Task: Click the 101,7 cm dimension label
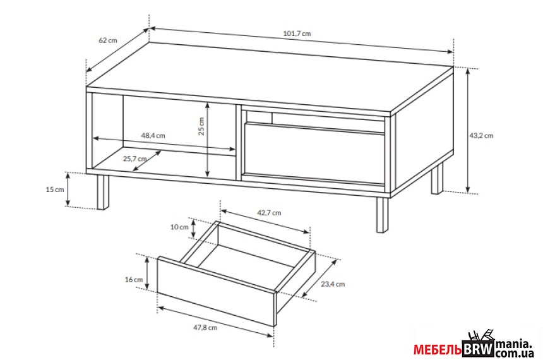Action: [x=297, y=33]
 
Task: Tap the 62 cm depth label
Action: [x=108, y=40]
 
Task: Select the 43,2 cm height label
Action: [x=481, y=136]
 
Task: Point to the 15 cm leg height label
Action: [x=55, y=189]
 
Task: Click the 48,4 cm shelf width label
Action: [x=153, y=136]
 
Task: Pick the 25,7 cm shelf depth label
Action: [x=134, y=159]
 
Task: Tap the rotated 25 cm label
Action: [x=201, y=126]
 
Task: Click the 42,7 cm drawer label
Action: [x=269, y=213]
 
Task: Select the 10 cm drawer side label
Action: [x=179, y=227]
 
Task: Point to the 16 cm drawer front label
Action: [x=134, y=279]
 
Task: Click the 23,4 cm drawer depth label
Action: [x=333, y=284]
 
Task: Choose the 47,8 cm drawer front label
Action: [x=205, y=327]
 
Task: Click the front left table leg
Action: [x=103, y=192]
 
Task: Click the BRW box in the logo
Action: [x=478, y=349]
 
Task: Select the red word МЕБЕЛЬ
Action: [x=438, y=350]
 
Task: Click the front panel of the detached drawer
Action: [x=216, y=291]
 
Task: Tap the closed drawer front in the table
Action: [x=314, y=152]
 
